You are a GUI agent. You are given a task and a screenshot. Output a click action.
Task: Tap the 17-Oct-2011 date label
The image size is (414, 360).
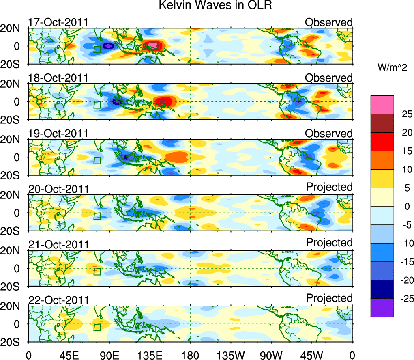pos(58,22)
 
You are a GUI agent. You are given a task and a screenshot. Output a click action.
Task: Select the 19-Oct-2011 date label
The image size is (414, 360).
pos(58,134)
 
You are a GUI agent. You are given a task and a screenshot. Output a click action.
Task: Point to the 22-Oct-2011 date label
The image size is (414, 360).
pos(58,300)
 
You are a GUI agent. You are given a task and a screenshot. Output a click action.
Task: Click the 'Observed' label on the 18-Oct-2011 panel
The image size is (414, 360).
pos(329,78)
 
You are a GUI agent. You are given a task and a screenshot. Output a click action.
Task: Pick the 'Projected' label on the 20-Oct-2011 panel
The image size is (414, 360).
pos(329,187)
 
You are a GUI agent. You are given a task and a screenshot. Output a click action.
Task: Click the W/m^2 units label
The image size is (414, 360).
pos(393,68)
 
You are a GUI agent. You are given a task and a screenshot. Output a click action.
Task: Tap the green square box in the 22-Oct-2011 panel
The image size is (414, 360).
pos(97,327)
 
